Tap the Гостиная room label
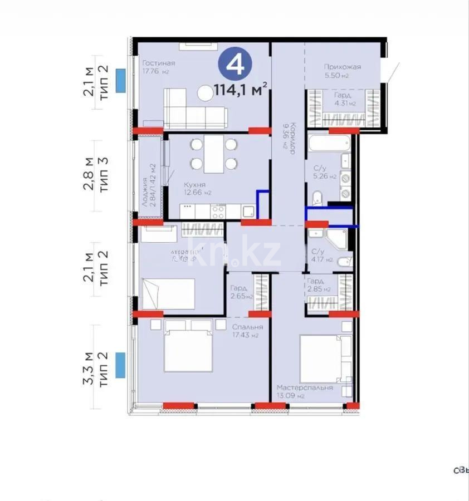tap(159, 63)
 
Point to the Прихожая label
tap(343, 67)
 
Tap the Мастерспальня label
tap(305, 387)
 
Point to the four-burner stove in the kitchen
tap(218, 212)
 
